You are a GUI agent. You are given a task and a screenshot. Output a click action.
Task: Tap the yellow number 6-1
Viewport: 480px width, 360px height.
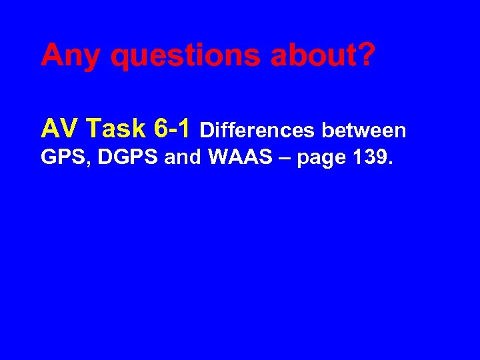pyautogui.click(x=173, y=127)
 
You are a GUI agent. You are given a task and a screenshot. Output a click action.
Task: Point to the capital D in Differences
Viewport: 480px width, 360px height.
pyautogui.click(x=206, y=130)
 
